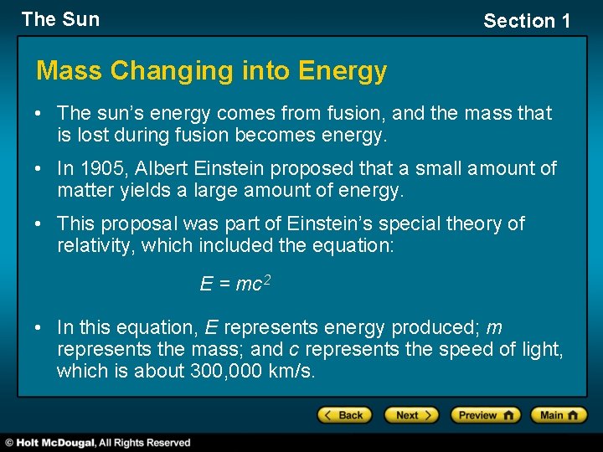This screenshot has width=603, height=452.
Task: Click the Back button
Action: tap(343, 415)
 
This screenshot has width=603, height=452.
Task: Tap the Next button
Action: tap(411, 415)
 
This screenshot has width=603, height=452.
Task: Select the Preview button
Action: tap(485, 415)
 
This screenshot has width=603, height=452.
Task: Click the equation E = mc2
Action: tap(234, 284)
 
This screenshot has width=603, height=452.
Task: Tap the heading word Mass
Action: tap(70, 71)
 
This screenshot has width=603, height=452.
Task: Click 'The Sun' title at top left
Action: tap(60, 19)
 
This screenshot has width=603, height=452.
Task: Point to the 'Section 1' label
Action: tap(526, 21)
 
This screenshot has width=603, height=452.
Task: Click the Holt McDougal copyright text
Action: tap(99, 443)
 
